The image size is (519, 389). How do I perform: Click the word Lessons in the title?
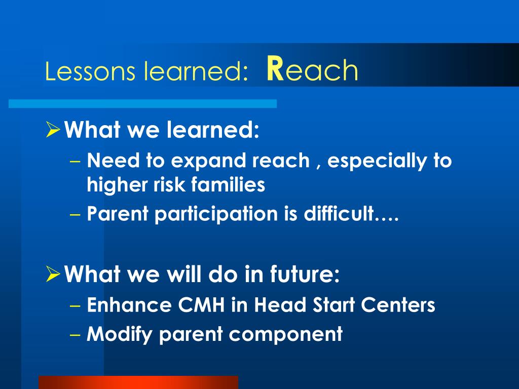click(x=90, y=70)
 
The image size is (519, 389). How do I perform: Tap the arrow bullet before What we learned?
click(x=53, y=129)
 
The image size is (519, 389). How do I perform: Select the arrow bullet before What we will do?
click(x=53, y=274)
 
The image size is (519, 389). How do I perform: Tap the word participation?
click(x=216, y=214)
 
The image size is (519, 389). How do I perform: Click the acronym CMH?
click(x=202, y=304)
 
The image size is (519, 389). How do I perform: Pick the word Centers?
click(x=398, y=304)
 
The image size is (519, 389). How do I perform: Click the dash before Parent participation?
click(x=76, y=214)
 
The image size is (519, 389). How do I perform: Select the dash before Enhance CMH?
click(x=76, y=305)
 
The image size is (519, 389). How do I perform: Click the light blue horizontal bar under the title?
click(x=142, y=103)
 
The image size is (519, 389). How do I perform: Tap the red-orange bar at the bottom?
click(x=138, y=382)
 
